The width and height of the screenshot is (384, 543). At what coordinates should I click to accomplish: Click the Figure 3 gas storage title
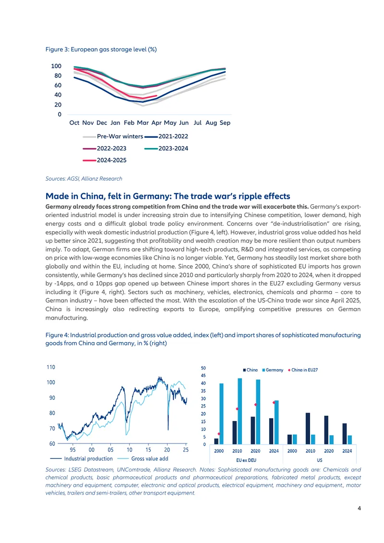click(101, 49)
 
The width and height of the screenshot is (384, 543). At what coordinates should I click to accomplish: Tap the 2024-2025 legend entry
click(105, 160)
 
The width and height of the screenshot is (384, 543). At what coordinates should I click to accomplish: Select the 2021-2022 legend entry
click(167, 136)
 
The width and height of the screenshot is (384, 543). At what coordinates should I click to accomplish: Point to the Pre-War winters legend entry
click(113, 136)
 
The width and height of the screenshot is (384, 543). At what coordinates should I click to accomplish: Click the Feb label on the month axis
click(129, 123)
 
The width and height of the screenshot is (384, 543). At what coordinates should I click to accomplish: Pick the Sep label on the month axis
click(225, 123)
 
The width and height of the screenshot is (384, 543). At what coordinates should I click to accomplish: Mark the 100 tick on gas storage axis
click(56, 66)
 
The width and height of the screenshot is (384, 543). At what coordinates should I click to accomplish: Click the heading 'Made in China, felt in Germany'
click(168, 196)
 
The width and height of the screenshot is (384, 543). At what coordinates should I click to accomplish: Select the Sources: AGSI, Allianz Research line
click(84, 179)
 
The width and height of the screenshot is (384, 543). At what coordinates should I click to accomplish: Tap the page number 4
click(359, 508)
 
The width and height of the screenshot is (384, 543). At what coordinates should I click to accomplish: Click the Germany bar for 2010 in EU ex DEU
click(240, 411)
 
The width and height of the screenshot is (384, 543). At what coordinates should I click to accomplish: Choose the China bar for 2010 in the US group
click(308, 429)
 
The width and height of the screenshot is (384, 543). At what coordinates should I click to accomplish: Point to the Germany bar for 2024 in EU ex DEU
click(276, 422)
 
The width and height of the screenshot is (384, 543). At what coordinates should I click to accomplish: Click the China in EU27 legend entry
click(303, 370)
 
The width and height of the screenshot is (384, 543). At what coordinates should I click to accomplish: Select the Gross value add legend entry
click(143, 458)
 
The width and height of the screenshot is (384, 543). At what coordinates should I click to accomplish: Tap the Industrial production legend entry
click(81, 458)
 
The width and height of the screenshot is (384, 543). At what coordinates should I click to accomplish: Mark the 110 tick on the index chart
click(51, 367)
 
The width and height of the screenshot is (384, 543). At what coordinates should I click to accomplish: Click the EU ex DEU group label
click(246, 460)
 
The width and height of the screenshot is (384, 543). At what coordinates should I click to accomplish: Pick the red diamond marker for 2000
click(219, 434)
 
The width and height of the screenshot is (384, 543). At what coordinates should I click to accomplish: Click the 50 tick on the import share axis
click(204, 368)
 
